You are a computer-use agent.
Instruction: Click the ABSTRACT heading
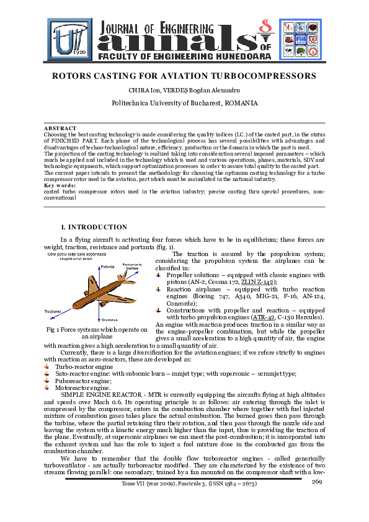click(x=60, y=127)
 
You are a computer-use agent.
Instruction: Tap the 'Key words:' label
click(x=60, y=185)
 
